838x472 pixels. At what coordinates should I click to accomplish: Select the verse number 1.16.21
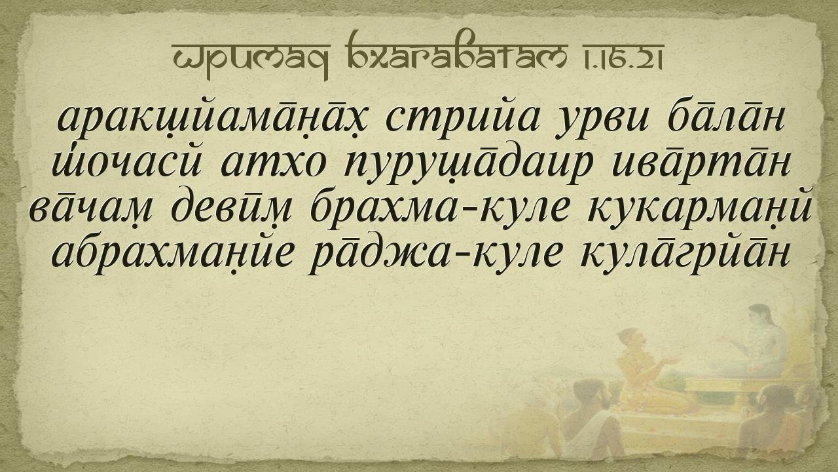(630, 56)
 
